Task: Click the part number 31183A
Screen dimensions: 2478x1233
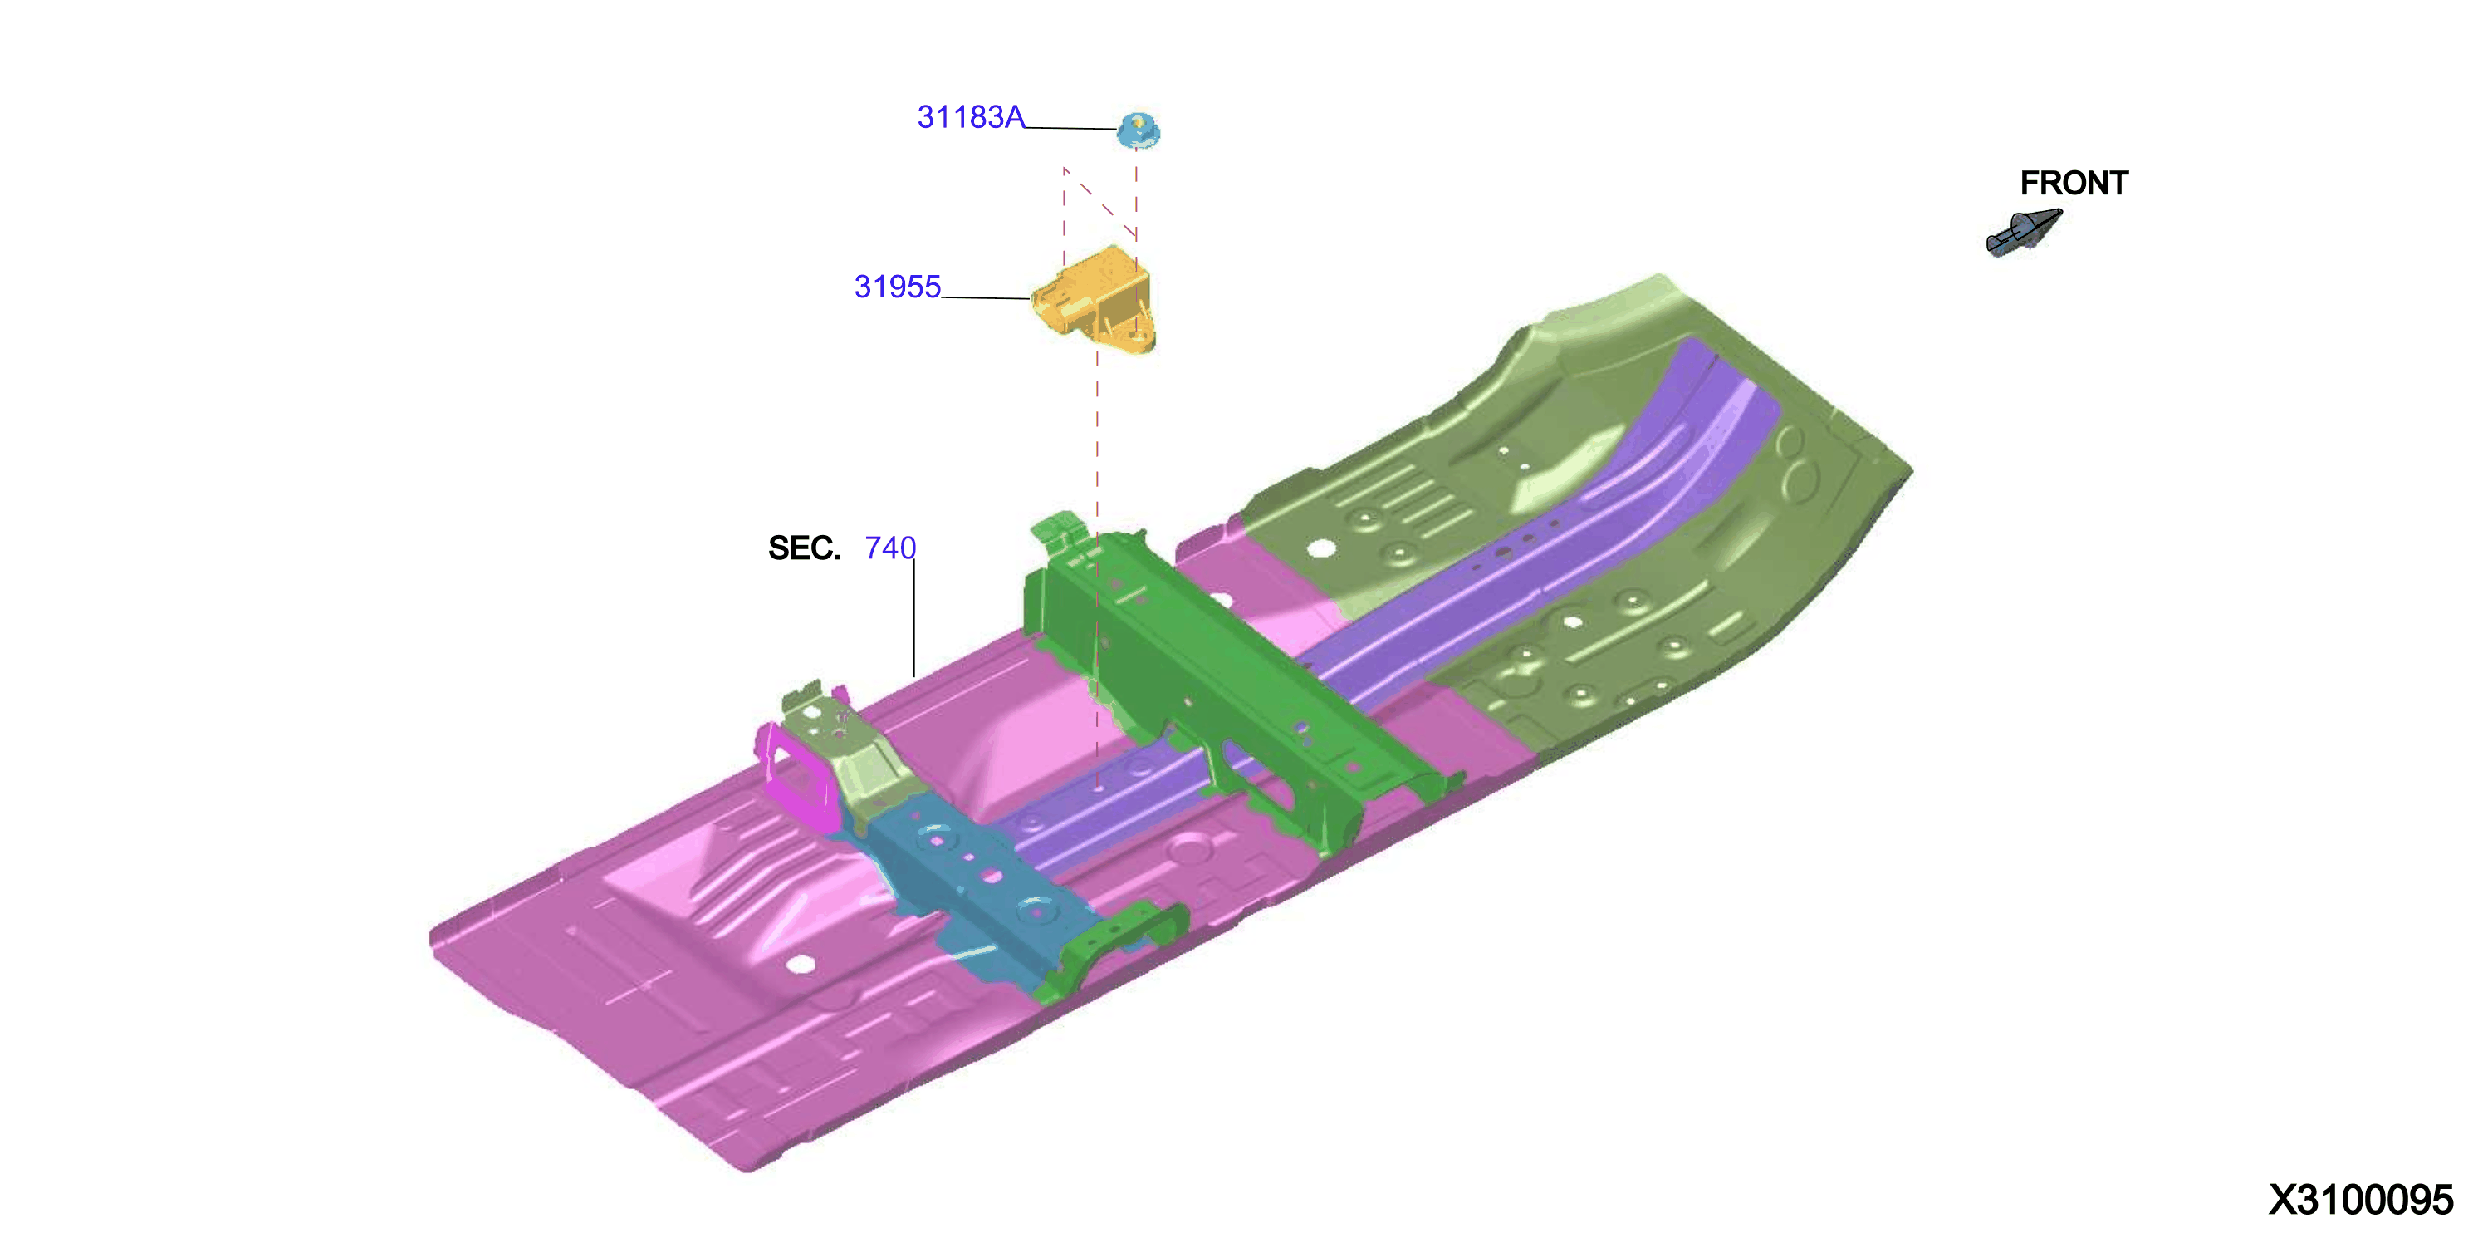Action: click(971, 117)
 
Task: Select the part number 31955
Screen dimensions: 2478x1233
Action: click(898, 287)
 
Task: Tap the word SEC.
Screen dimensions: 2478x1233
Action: click(804, 548)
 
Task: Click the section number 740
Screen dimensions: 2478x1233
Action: click(890, 548)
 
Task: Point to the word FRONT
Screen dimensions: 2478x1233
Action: click(2074, 183)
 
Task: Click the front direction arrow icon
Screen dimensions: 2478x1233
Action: click(2024, 233)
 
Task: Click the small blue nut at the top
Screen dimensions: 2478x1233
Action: click(1138, 130)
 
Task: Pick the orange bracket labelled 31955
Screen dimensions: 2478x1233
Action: click(1095, 299)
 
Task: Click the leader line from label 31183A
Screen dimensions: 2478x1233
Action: click(1070, 127)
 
